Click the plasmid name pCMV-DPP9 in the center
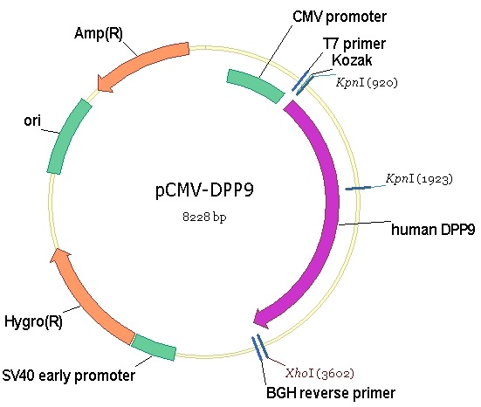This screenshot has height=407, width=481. tap(204, 190)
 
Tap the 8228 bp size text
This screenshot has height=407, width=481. tap(204, 217)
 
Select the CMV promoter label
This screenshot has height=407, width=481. tap(340, 17)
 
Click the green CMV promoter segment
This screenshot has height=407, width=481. tap(256, 86)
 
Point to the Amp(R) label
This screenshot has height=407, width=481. tap(99, 33)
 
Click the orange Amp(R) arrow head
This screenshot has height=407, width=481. tap(104, 83)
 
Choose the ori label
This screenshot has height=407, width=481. tap(32, 121)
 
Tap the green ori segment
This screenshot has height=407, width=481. tap(68, 135)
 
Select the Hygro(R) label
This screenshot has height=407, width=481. tap(33, 321)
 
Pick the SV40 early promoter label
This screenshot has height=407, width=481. tap(69, 376)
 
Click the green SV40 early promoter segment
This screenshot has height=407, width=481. tap(154, 347)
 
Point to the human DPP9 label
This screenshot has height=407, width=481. tap(433, 230)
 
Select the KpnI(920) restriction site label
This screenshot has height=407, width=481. tap(367, 83)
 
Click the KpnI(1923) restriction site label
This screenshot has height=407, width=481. tap(419, 179)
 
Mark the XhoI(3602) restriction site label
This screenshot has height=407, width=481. tap(320, 373)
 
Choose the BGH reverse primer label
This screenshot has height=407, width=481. tap(331, 393)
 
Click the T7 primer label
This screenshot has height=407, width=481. tap(354, 44)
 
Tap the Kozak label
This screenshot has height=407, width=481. tap(352, 60)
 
